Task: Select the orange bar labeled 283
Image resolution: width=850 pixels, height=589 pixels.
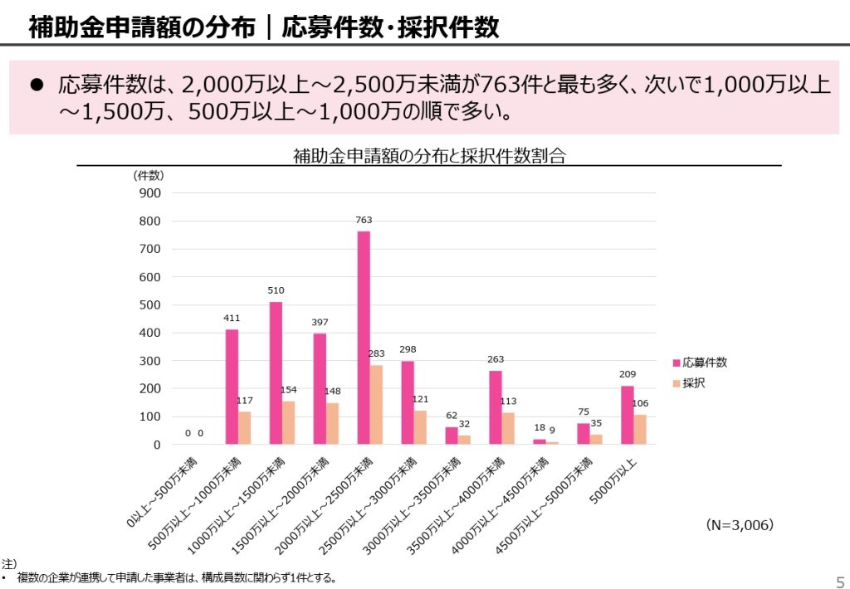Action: (x=377, y=405)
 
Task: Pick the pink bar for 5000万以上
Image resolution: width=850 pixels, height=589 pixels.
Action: (x=628, y=416)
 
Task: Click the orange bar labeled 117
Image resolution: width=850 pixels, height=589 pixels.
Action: (x=245, y=428)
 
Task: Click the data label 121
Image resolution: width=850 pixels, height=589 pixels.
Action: (x=421, y=400)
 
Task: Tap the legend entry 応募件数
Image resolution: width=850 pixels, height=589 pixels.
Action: (x=705, y=363)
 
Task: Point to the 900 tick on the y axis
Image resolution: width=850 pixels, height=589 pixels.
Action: (x=151, y=192)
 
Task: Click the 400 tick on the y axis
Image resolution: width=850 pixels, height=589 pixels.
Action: (x=151, y=333)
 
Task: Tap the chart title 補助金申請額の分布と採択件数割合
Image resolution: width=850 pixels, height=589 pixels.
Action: (x=428, y=155)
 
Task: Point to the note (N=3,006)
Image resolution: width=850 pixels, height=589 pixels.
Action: (x=740, y=525)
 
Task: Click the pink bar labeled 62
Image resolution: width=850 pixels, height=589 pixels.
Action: (x=452, y=436)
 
